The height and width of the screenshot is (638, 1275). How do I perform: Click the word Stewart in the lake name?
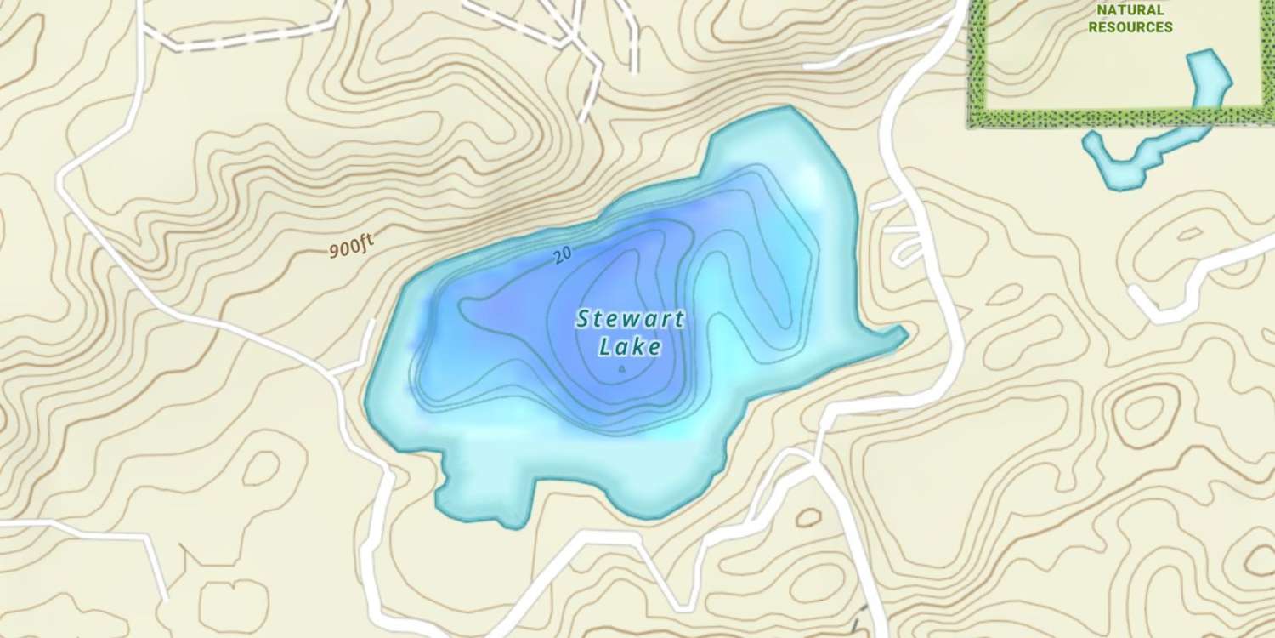pyautogui.click(x=630, y=320)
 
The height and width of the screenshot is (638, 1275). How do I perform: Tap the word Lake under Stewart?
pyautogui.click(x=630, y=347)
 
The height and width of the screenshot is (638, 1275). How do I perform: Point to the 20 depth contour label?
pyautogui.click(x=561, y=256)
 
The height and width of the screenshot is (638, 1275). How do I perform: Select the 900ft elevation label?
pyautogui.click(x=351, y=248)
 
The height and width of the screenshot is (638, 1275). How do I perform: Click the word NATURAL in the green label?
pyautogui.click(x=1130, y=10)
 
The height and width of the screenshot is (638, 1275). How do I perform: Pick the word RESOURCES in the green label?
pyautogui.click(x=1130, y=27)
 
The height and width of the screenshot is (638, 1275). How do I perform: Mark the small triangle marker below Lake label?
pyautogui.click(x=621, y=369)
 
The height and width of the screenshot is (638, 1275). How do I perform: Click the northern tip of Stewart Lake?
pyautogui.click(x=790, y=111)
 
